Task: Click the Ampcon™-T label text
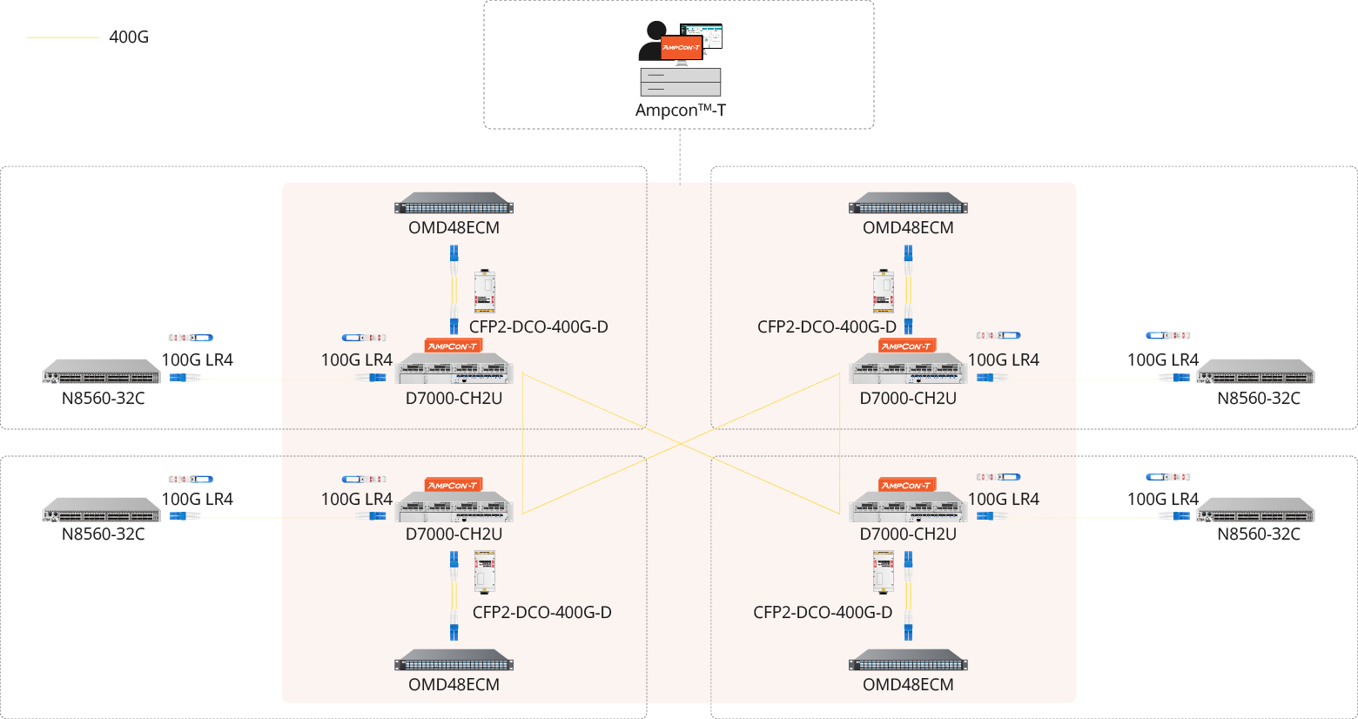click(x=680, y=111)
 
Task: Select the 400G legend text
click(x=129, y=37)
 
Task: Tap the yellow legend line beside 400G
click(x=63, y=37)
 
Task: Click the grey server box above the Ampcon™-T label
click(x=680, y=82)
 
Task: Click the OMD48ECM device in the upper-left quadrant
click(x=454, y=204)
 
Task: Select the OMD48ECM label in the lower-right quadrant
click(x=908, y=685)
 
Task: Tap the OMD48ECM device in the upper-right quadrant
click(x=908, y=204)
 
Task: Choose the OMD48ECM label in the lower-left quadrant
click(x=454, y=685)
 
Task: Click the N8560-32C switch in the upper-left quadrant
click(x=102, y=373)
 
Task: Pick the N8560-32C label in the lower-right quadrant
click(x=1258, y=534)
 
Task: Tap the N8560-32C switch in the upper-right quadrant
click(x=1256, y=373)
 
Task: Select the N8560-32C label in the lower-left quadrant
click(x=103, y=534)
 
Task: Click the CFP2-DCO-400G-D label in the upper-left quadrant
click(x=538, y=327)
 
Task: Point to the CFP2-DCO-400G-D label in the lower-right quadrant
click(x=823, y=613)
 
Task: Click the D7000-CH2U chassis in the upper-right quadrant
click(x=908, y=369)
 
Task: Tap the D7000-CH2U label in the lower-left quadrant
click(x=454, y=534)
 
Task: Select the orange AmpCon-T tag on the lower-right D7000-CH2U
click(x=906, y=485)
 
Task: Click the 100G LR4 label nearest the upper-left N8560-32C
click(x=197, y=360)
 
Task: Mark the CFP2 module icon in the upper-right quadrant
click(x=884, y=292)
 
